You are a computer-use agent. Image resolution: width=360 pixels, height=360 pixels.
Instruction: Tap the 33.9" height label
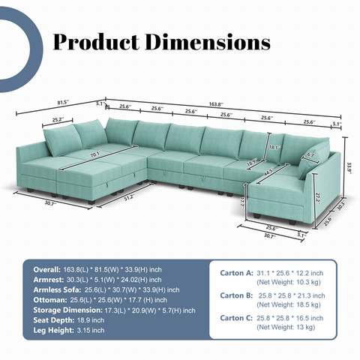pos(349,169)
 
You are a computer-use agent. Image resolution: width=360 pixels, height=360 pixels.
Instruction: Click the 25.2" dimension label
pos(58,118)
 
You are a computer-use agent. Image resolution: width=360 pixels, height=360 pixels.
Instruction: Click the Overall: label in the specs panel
pos(43,268)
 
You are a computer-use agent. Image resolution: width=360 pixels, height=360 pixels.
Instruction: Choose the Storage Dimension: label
pos(62,310)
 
